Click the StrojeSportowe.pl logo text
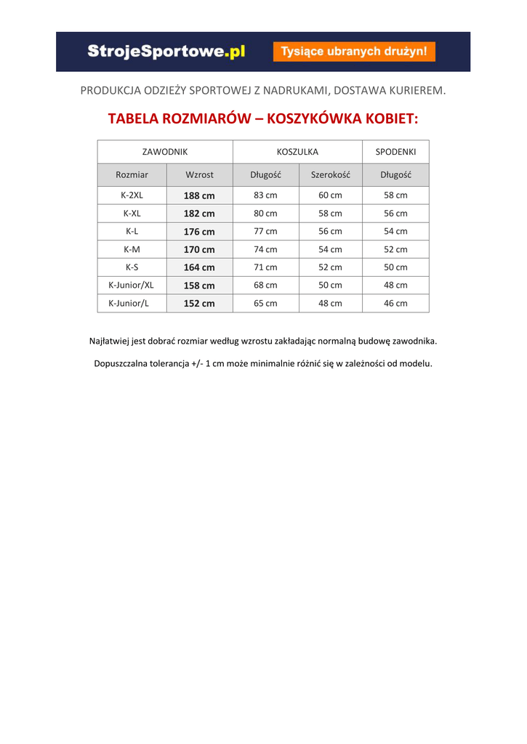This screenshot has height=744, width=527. (x=166, y=52)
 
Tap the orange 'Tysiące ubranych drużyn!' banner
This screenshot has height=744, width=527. (x=354, y=52)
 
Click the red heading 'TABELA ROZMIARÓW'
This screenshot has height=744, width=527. (x=175, y=118)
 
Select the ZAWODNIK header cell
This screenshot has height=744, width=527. (x=165, y=152)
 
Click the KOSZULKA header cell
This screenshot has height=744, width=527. (x=297, y=152)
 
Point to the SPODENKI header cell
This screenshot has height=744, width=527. (x=395, y=152)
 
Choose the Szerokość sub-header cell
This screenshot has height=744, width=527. (x=330, y=175)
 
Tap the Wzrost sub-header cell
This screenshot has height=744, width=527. (x=199, y=175)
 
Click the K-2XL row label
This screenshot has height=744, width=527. (x=132, y=195)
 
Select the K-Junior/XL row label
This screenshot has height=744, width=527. (x=132, y=286)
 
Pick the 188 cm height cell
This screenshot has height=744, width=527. (x=199, y=195)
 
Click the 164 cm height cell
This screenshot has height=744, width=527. (x=199, y=267)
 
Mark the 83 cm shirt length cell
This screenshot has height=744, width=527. (x=265, y=195)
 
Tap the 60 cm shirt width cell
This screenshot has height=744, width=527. (x=330, y=195)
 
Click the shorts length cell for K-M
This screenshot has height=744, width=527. (x=395, y=249)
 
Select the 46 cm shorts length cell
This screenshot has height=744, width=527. (x=395, y=304)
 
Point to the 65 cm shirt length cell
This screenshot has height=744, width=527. (x=265, y=304)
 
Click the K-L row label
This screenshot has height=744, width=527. (x=132, y=231)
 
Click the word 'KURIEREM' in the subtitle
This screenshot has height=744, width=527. (x=412, y=91)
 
